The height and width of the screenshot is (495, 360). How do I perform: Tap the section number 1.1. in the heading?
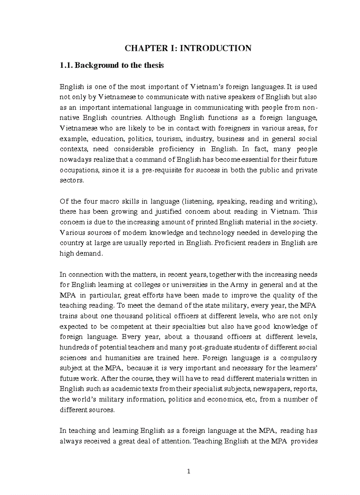click(x=66, y=65)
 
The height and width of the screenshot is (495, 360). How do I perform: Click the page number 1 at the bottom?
click(x=188, y=471)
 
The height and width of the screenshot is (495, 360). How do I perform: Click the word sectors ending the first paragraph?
click(x=71, y=181)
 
